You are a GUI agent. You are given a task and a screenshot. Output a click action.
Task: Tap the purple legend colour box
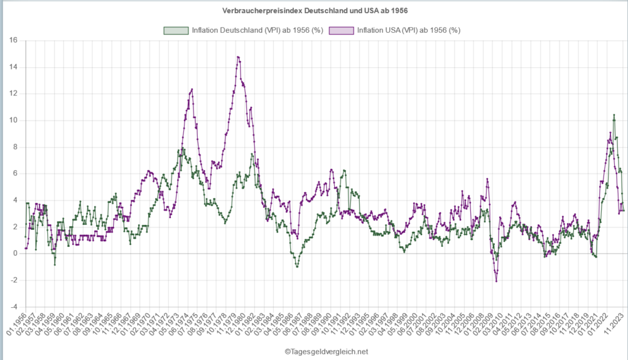click(x=341, y=30)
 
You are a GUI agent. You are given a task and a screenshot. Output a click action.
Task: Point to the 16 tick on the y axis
click(x=13, y=40)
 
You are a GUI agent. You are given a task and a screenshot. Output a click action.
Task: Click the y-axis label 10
click(x=13, y=120)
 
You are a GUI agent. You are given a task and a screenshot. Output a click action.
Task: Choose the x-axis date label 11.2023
click(x=615, y=324)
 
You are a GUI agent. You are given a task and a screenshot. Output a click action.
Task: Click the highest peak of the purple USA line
click(x=238, y=57)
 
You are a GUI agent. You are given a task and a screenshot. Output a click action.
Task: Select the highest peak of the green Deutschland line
click(x=614, y=115)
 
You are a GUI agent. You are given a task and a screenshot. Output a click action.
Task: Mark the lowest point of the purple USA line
click(x=496, y=281)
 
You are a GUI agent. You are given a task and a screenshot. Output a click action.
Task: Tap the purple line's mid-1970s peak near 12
click(x=192, y=89)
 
